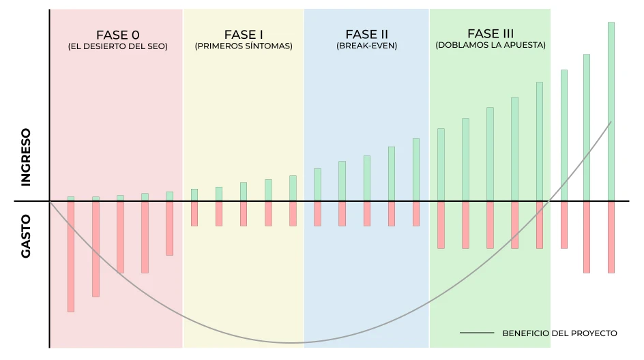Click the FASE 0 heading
[x=118, y=35]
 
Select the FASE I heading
[x=244, y=35]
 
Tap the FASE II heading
[x=366, y=35]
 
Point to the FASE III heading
[x=491, y=33]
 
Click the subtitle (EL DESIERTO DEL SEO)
[x=118, y=47]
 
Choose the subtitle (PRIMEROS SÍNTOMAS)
[x=244, y=47]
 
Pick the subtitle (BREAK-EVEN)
[x=366, y=47]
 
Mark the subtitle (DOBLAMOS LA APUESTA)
[x=491, y=46]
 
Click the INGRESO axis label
[x=26, y=157]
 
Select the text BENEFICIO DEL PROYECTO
[x=559, y=333]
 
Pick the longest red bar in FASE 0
[x=71, y=256]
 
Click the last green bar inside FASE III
[x=540, y=141]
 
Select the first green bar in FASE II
[x=317, y=185]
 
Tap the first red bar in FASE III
[x=441, y=225]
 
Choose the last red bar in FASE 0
[x=169, y=228]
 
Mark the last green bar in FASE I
[x=293, y=188]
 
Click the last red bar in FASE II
[x=416, y=213]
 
